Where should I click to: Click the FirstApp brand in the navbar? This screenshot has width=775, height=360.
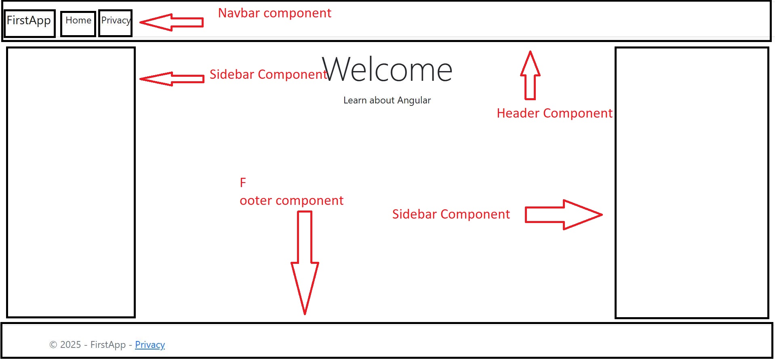pos(29,21)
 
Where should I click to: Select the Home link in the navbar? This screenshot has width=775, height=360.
pos(78,20)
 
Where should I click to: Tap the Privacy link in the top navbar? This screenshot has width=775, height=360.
pos(116,21)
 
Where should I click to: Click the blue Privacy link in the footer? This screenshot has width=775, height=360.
pos(150,345)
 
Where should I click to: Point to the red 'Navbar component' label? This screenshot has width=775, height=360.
pos(275,13)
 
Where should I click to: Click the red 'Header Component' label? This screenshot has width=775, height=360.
pos(554,113)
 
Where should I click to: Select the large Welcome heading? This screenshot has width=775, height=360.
pos(387,69)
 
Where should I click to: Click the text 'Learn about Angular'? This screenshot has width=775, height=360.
pos(387,100)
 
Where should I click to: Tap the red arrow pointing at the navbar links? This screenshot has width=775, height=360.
pos(171,22)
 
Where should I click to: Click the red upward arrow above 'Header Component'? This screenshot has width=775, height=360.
pos(530,75)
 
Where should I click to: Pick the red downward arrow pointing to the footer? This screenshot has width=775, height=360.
pos(305,263)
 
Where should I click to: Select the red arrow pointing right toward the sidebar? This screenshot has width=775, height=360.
pos(564,215)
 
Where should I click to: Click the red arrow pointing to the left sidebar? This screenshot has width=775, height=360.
pos(172,79)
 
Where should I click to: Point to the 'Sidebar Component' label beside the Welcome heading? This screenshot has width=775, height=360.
pos(268,74)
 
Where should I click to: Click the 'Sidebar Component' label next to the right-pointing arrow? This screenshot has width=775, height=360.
pos(451,214)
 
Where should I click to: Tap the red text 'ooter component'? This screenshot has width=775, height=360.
pos(291,200)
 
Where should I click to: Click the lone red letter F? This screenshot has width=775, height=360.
pos(243,183)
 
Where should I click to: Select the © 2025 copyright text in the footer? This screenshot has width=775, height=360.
pos(65,345)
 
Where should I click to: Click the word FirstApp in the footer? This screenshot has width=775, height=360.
pos(108,345)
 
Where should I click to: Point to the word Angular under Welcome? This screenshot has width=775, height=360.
pos(414,101)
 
